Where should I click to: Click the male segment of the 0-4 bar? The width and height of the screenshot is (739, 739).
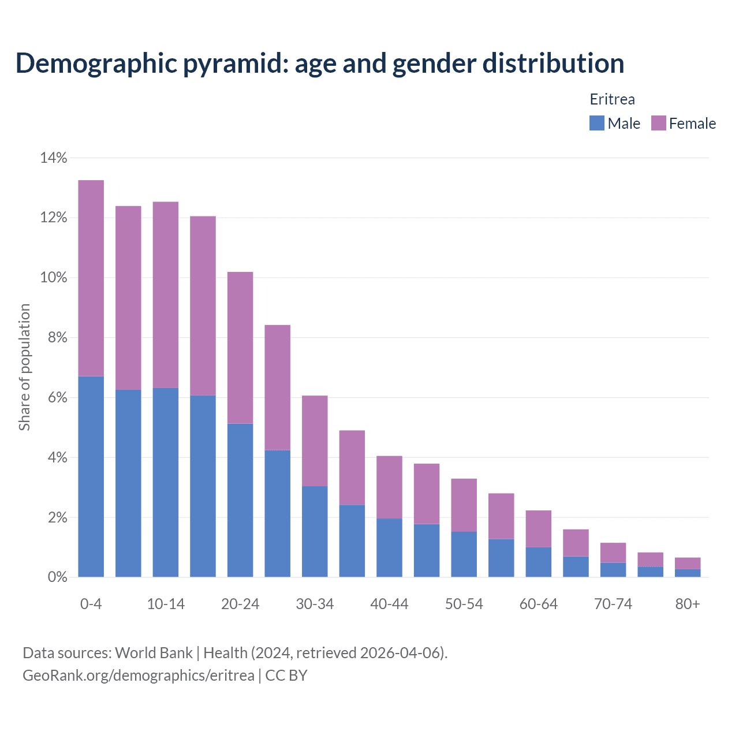point(91,476)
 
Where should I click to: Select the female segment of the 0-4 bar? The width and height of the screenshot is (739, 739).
point(91,278)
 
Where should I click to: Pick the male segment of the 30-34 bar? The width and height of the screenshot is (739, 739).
point(315,531)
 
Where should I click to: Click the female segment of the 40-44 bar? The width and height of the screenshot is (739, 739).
point(389,487)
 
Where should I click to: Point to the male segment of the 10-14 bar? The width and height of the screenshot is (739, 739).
point(166,482)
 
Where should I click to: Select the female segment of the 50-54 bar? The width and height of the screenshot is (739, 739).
point(464,505)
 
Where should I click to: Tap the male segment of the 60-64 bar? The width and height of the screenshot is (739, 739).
point(538,562)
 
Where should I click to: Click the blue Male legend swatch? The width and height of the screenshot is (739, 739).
point(596,123)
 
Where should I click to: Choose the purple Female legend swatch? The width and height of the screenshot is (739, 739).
point(658,123)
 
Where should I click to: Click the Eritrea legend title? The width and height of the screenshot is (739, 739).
point(612,99)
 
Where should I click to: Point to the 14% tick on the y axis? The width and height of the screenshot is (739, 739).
point(54,158)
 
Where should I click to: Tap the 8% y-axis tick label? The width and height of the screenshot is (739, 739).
point(57,338)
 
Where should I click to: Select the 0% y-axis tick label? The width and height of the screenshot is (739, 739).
point(57,577)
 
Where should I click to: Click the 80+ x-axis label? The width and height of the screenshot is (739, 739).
point(687,604)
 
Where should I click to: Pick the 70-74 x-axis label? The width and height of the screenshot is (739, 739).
point(613,604)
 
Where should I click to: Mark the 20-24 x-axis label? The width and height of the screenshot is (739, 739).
point(240,604)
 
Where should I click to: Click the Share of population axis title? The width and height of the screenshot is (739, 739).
point(24,367)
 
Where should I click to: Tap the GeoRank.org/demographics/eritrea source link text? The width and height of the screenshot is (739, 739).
point(138,675)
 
